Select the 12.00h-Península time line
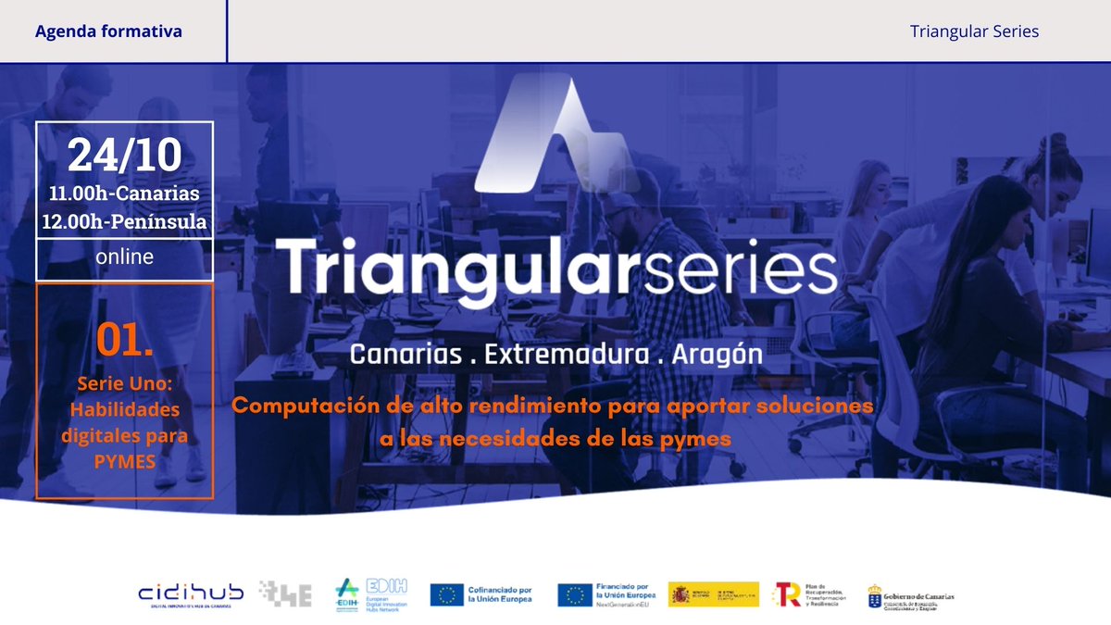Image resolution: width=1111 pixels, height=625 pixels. click(125, 222)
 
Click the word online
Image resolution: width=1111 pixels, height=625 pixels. click(125, 256)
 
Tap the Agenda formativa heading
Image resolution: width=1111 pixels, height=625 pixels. click(108, 31)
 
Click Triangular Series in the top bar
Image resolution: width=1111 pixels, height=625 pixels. click(974, 31)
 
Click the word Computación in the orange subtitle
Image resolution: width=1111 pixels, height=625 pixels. click(303, 406)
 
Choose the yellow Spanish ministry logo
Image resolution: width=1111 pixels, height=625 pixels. click(713, 594)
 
